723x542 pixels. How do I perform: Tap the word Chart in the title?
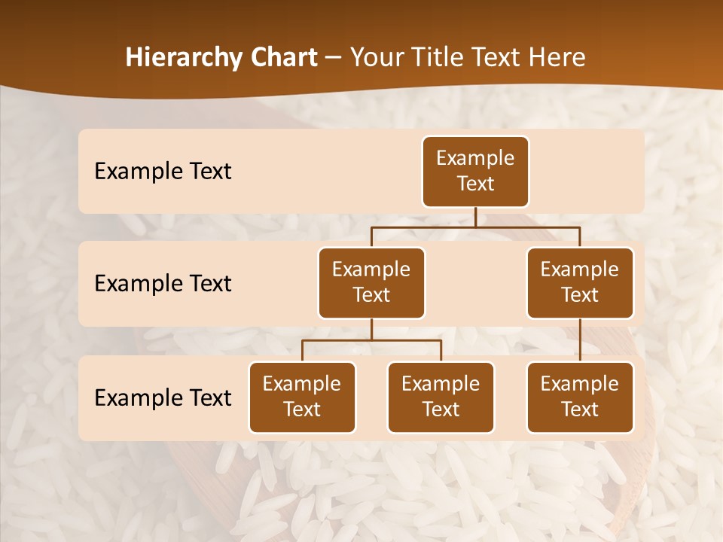(x=282, y=58)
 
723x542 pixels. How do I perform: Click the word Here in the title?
(x=556, y=58)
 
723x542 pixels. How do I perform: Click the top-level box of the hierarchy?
(x=475, y=171)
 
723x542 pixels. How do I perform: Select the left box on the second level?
(x=371, y=282)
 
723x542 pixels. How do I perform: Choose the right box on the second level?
(x=580, y=282)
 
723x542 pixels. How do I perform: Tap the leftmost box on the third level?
(x=302, y=397)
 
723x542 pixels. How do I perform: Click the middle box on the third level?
(x=441, y=397)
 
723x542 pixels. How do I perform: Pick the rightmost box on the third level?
(x=580, y=397)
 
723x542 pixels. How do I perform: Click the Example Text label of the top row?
(x=163, y=171)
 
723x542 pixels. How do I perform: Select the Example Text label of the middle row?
(x=163, y=283)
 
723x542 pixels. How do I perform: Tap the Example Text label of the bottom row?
(x=163, y=397)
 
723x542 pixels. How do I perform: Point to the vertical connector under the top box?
(x=475, y=217)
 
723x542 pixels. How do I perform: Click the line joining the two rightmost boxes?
(x=580, y=340)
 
